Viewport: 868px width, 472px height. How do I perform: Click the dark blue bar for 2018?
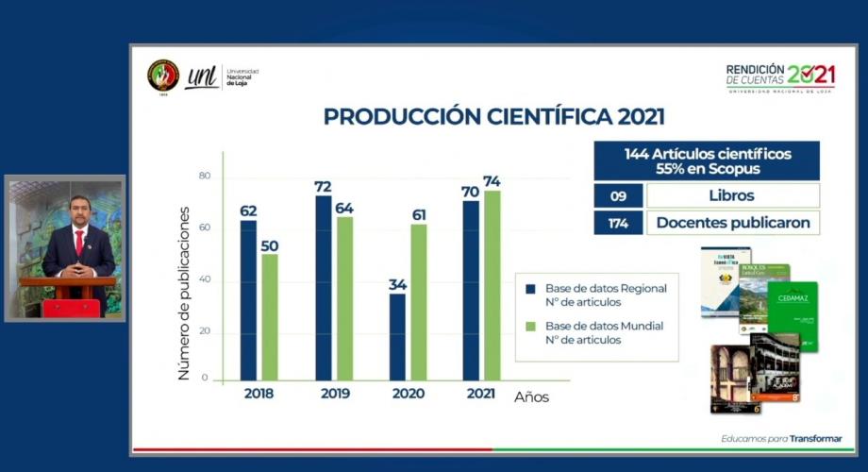pyautogui.click(x=248, y=300)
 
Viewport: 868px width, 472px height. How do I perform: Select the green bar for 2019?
pyautogui.click(x=344, y=298)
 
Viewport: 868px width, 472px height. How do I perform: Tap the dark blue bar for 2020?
pyautogui.click(x=397, y=337)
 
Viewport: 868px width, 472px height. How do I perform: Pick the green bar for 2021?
pyautogui.click(x=492, y=285)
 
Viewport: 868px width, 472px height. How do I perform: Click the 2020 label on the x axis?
pyautogui.click(x=408, y=394)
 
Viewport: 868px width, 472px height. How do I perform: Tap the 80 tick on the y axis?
pyautogui.click(x=205, y=177)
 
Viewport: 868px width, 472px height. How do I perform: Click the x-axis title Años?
pyautogui.click(x=531, y=397)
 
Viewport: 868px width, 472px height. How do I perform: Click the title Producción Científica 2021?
pyautogui.click(x=493, y=116)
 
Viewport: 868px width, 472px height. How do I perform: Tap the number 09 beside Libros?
pyautogui.click(x=618, y=195)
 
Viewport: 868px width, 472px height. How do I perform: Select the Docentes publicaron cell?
pyautogui.click(x=733, y=222)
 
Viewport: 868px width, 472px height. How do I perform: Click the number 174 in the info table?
pyautogui.click(x=618, y=222)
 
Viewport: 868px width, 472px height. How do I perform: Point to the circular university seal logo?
pyautogui.click(x=162, y=76)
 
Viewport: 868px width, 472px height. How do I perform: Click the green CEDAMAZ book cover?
pyautogui.click(x=793, y=314)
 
